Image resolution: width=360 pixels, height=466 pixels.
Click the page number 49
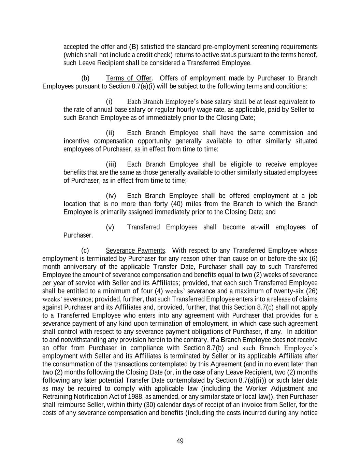[x=180, y=441]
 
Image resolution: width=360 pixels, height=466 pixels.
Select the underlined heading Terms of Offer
[x=129, y=78]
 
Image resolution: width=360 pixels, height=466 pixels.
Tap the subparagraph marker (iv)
[x=111, y=196]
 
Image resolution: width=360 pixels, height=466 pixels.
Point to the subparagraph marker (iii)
[x=111, y=164]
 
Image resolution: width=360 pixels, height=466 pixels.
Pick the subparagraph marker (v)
[x=110, y=227]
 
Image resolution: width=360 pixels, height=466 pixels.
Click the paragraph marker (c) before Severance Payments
[x=85, y=251]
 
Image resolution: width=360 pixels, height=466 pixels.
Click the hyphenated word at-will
[x=260, y=227]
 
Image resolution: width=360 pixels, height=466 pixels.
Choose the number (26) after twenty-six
[x=312, y=291]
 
